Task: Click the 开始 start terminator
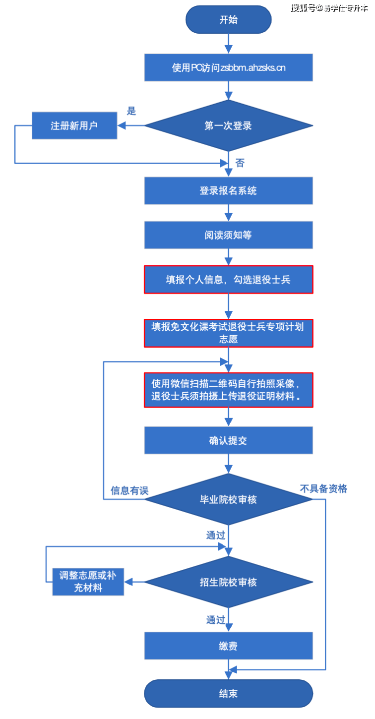228,20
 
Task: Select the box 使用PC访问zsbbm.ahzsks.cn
228,67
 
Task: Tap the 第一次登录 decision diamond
228,125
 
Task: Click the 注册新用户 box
74,125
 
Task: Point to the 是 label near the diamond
131,111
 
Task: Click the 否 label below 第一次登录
240,163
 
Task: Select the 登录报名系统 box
228,190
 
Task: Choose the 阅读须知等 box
228,235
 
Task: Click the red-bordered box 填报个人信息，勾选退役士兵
228,280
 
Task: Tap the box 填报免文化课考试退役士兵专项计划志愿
228,333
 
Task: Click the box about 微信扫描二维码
228,390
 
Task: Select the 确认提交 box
228,440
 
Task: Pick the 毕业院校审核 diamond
228,499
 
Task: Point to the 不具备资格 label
323,489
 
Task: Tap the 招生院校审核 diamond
228,582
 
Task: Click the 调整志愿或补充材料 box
88,582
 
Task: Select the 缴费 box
228,646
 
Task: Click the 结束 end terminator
228,693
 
